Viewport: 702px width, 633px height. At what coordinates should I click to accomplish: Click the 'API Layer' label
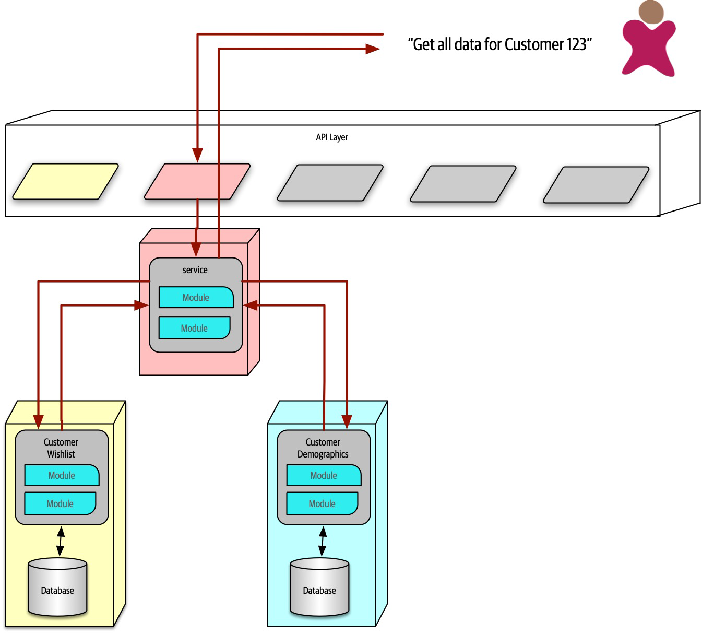(x=332, y=137)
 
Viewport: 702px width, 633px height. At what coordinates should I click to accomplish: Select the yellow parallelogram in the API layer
(x=65, y=182)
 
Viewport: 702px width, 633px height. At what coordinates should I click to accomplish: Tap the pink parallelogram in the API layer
(x=197, y=182)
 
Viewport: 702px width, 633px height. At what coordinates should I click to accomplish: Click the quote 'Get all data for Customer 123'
(x=499, y=44)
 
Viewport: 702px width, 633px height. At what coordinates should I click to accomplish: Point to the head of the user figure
(x=651, y=12)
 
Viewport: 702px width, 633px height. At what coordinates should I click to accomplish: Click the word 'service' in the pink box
(x=195, y=270)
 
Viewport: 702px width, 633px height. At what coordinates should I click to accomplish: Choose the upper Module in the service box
(x=196, y=297)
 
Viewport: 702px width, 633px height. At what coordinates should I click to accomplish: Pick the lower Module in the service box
(x=194, y=328)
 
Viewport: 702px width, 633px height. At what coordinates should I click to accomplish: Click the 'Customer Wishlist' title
(x=61, y=448)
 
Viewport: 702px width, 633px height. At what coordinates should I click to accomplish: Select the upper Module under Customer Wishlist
(x=62, y=475)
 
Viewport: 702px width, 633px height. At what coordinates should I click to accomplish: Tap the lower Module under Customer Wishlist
(x=60, y=503)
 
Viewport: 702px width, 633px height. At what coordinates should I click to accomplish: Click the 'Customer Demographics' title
(x=323, y=448)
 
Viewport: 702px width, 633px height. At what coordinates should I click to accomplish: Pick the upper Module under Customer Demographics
(x=324, y=475)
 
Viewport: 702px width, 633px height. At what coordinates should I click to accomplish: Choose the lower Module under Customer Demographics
(x=322, y=503)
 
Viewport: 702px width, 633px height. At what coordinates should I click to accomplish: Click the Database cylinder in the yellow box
(x=57, y=588)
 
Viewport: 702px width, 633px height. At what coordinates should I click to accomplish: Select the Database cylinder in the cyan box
(x=319, y=588)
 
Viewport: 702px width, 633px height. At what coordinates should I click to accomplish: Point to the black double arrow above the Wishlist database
(x=61, y=541)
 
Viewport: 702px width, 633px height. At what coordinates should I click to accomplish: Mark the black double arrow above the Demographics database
(x=323, y=541)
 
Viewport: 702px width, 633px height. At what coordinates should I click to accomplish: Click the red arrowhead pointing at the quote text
(x=372, y=49)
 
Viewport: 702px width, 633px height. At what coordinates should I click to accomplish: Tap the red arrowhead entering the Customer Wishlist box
(x=39, y=421)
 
